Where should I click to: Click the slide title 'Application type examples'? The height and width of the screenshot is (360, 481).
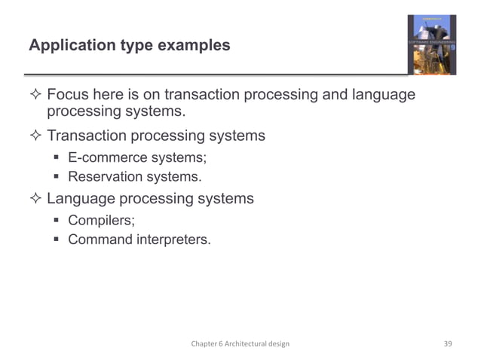pos(129,46)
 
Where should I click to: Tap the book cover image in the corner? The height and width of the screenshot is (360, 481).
pos(431,44)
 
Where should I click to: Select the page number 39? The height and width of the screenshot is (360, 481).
pos(447,343)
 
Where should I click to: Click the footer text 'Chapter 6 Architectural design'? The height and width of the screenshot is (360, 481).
pos(240,343)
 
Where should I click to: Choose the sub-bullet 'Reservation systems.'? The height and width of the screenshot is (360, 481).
pos(135,177)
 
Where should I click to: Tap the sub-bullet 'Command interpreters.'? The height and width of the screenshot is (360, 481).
pos(139,240)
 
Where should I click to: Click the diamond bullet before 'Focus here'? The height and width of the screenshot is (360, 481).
pos(35,96)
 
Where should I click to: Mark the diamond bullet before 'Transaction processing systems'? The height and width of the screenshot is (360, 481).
pos(35,136)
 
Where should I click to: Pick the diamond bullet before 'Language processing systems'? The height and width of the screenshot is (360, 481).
pos(35,200)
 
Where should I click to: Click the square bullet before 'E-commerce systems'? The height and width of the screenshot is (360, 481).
pos(57,158)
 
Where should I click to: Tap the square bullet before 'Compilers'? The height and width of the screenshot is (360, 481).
pos(57,221)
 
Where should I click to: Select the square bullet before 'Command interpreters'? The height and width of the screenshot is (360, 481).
pos(57,241)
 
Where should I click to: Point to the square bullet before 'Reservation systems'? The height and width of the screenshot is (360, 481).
pos(57,178)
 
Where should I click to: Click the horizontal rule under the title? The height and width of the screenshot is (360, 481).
pos(219,74)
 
